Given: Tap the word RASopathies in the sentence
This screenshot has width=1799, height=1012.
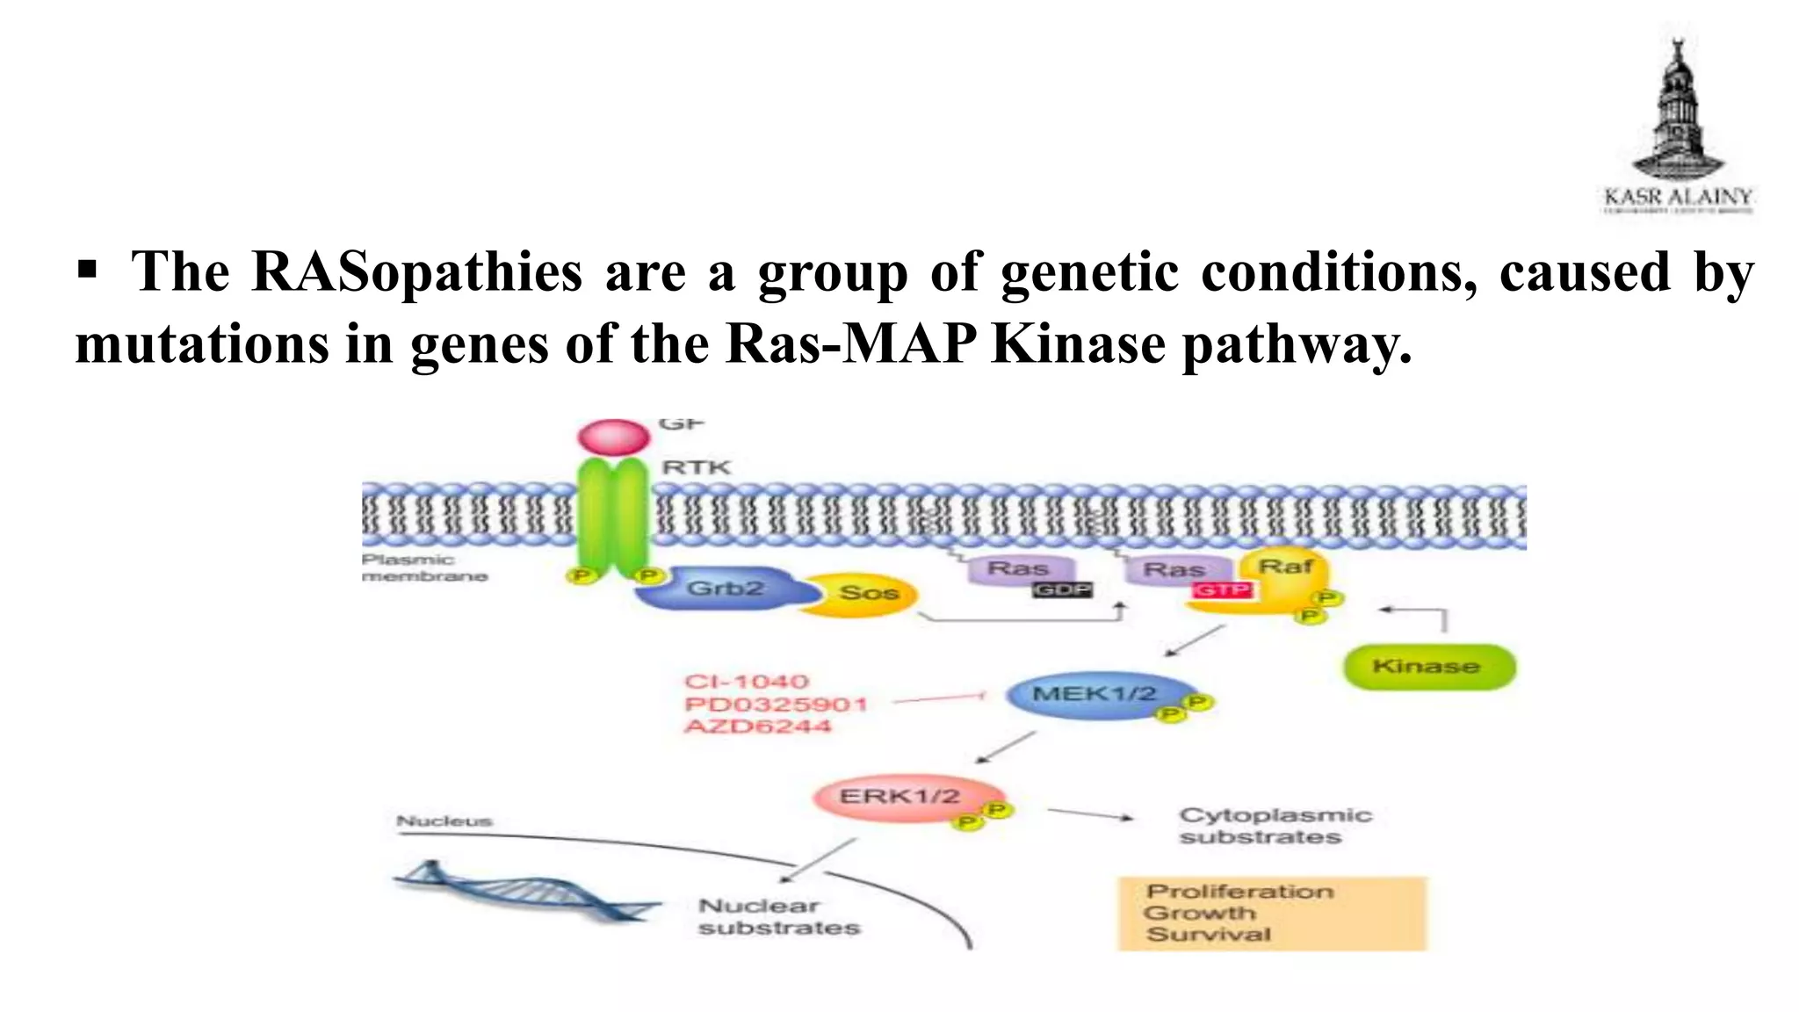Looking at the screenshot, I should pyautogui.click(x=416, y=271).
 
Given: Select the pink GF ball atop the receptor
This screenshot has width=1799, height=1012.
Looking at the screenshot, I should pyautogui.click(x=613, y=436).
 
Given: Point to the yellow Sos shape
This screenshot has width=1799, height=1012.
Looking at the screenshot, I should pyautogui.click(x=865, y=594).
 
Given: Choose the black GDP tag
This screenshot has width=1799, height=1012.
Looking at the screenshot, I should pyautogui.click(x=1062, y=589).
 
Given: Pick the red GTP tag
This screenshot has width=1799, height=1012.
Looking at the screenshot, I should pyautogui.click(x=1222, y=589).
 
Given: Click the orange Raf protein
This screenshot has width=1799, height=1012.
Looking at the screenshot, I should pyautogui.click(x=1283, y=571).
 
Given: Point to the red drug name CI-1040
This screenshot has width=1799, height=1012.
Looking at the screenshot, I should pyautogui.click(x=747, y=682).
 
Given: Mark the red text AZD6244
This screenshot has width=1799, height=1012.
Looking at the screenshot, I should pyautogui.click(x=757, y=726).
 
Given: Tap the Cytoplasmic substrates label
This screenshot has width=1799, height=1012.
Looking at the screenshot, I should pyautogui.click(x=1274, y=826).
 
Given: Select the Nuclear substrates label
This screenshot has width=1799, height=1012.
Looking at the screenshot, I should pyautogui.click(x=778, y=917).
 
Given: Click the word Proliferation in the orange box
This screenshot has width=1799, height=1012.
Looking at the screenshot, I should pyautogui.click(x=1239, y=892).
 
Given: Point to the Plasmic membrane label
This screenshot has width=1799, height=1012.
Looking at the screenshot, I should pyautogui.click(x=424, y=567).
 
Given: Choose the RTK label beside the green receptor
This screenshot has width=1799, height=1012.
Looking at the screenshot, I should pyautogui.click(x=696, y=467).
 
